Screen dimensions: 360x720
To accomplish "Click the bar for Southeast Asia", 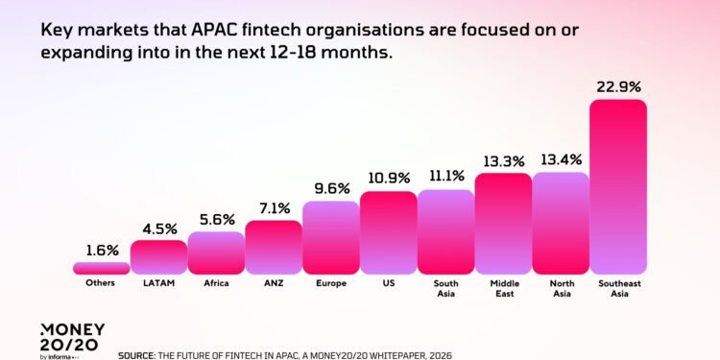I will click(617, 186).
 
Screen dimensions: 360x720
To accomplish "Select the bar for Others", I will click(101, 268).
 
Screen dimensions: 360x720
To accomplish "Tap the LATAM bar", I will click(158, 256).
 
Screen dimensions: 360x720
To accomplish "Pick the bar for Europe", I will click(330, 237).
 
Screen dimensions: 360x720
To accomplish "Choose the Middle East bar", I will click(503, 223).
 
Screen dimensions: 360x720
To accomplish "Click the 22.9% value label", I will click(617, 86).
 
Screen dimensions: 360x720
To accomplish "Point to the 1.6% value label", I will click(101, 251).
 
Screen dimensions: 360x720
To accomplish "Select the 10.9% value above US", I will click(388, 179).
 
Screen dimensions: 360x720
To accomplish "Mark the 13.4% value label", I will click(561, 159).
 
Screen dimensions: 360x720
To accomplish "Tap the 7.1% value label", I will click(274, 208).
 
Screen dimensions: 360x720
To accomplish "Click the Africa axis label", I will click(216, 284).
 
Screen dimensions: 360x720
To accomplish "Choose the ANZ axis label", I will click(274, 284).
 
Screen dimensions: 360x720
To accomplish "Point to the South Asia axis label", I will click(445, 289).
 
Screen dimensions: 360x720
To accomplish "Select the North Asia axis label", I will click(561, 289).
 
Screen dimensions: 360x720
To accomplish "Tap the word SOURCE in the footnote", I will click(135, 354).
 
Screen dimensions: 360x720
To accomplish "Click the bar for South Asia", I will click(445, 231).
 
